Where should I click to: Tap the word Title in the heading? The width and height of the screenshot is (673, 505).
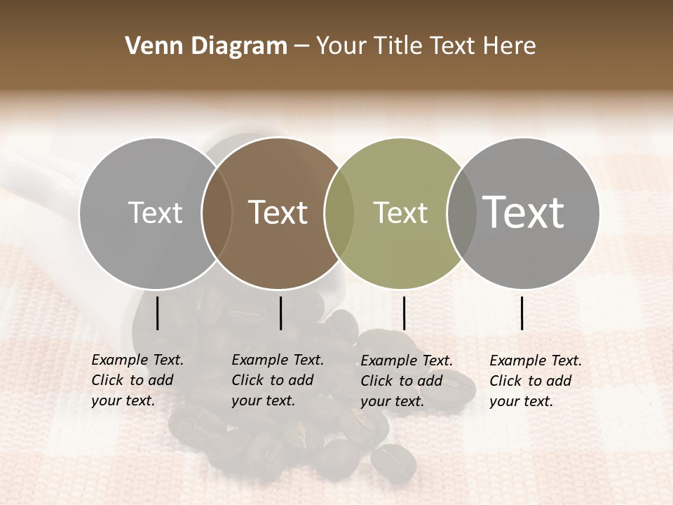398,46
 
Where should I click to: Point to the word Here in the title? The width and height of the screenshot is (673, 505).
510,46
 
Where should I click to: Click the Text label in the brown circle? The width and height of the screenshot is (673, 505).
278,213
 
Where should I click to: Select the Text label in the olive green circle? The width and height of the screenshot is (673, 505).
400,213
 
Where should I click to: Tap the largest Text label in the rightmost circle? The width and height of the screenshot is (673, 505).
524,212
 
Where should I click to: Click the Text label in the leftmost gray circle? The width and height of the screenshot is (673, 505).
155,213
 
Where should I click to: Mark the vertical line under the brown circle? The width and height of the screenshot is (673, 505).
280,313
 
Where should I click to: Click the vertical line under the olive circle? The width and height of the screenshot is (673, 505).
404,313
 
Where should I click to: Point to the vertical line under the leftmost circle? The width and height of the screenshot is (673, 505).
157,313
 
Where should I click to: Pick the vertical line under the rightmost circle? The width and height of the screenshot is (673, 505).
522,313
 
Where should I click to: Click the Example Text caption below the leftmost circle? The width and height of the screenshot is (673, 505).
137,380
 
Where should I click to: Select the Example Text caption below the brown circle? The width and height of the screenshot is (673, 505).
277,380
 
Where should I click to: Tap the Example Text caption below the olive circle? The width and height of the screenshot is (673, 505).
406,381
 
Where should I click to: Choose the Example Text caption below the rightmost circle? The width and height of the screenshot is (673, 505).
535,381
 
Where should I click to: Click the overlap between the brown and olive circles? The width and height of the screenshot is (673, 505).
339,213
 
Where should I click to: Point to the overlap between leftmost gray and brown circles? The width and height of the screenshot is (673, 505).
217,213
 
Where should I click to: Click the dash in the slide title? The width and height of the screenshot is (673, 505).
301,47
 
